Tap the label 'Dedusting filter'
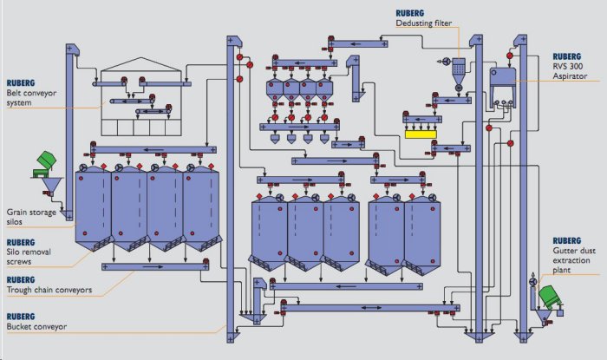coord(425,25)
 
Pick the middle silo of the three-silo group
coord(305,230)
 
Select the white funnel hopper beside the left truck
coord(53,186)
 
